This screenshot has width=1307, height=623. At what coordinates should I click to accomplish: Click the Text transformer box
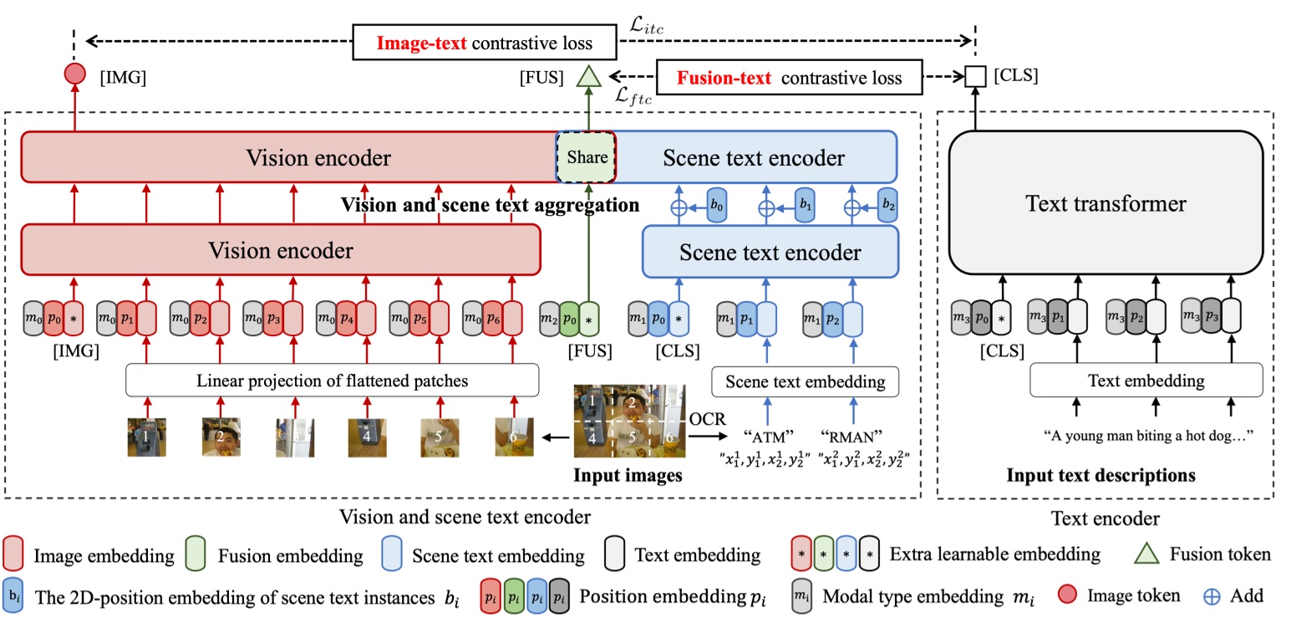click(1106, 203)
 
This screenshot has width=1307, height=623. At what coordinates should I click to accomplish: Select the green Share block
click(587, 156)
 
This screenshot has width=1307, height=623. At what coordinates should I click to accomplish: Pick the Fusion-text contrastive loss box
click(790, 78)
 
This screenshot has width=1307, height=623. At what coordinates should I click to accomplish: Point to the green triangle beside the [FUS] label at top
click(590, 77)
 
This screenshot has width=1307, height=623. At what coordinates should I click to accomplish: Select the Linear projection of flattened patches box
click(333, 380)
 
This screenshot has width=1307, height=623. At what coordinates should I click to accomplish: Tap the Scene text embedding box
click(805, 381)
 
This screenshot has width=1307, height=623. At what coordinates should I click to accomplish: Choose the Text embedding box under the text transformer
click(1146, 381)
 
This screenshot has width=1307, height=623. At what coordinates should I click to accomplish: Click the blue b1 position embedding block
click(803, 205)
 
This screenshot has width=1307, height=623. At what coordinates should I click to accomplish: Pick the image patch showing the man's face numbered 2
click(221, 437)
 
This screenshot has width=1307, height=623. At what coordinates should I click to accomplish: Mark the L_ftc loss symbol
click(633, 95)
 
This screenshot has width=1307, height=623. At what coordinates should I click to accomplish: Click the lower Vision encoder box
click(281, 249)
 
